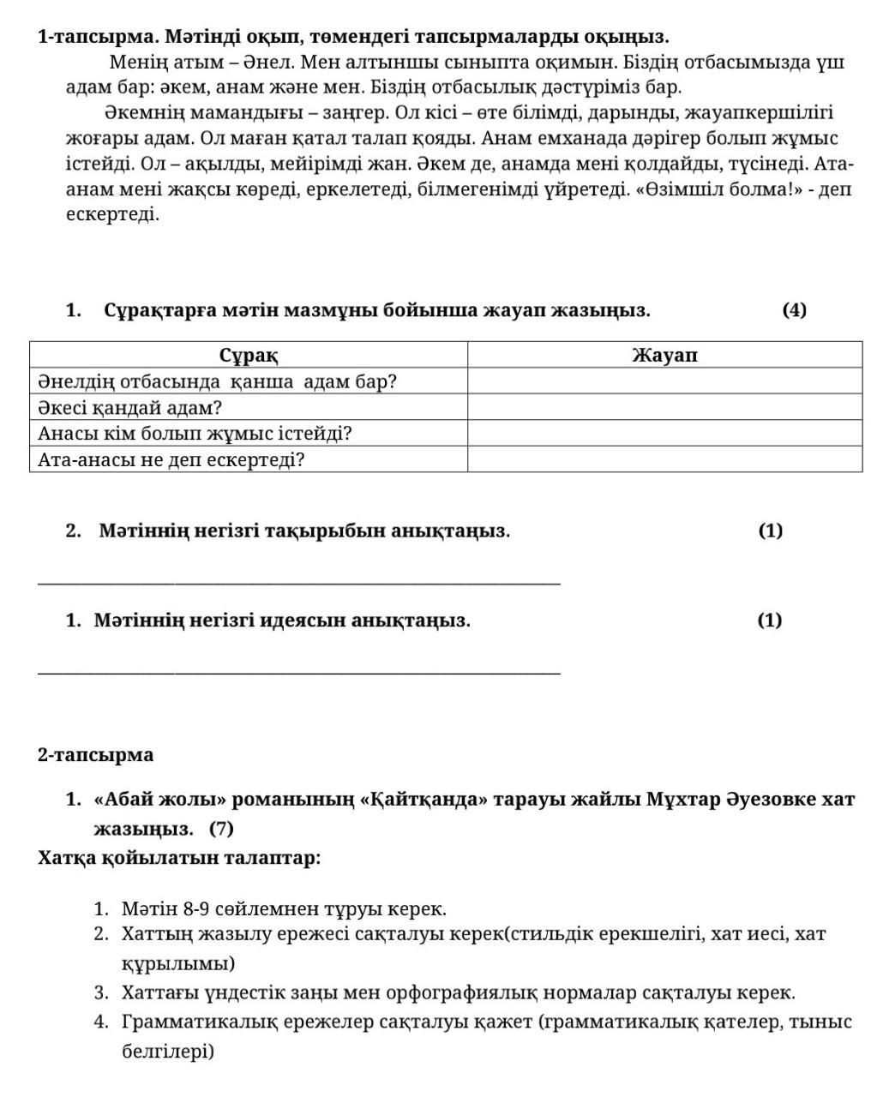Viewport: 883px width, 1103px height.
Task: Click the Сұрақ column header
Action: [x=249, y=355]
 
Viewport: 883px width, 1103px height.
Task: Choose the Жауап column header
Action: [x=664, y=355]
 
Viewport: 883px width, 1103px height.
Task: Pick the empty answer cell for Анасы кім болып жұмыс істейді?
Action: [x=664, y=434]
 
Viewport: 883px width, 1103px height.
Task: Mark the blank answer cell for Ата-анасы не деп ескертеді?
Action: [x=664, y=460]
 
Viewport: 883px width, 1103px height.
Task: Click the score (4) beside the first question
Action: [x=794, y=310]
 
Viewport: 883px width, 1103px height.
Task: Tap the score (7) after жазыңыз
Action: [x=221, y=829]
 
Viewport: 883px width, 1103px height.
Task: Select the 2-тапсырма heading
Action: [x=96, y=755]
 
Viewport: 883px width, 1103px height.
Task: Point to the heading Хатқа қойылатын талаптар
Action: [x=179, y=858]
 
